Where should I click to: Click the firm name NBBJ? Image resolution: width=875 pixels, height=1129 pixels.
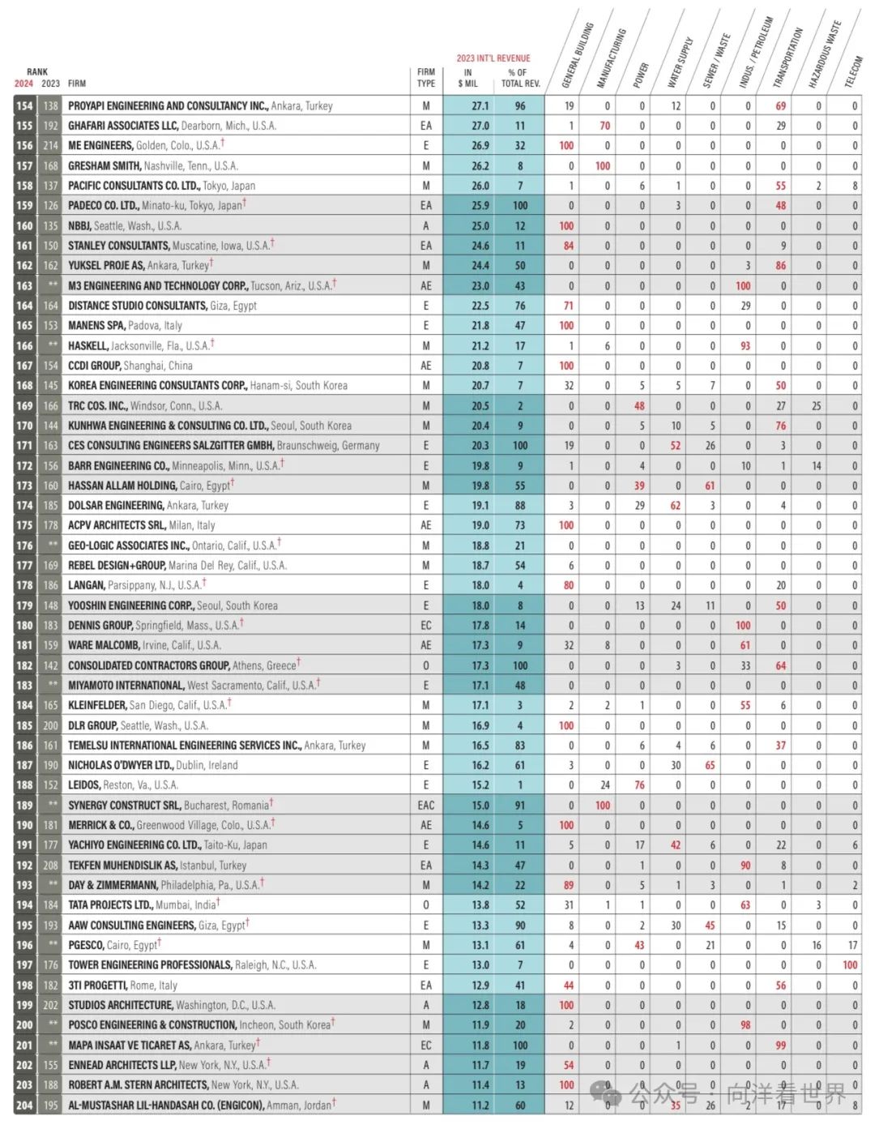(79, 226)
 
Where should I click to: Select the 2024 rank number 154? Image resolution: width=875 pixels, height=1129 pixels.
(24, 106)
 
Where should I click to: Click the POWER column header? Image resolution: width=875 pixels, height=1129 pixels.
(642, 74)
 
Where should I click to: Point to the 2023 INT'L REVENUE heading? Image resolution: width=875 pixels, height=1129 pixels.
(493, 58)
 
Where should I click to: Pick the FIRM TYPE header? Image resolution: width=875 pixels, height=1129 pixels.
(426, 78)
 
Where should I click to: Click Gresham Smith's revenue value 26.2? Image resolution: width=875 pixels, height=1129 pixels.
(480, 166)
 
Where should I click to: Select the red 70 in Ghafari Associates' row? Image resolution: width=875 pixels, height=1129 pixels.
(604, 126)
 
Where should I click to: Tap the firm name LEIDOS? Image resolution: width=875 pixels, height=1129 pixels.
(84, 785)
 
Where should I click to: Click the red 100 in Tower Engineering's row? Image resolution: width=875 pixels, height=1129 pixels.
(850, 965)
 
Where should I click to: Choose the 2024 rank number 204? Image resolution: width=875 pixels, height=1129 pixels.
(24, 1105)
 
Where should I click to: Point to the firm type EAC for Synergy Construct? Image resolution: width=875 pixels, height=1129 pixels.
(426, 806)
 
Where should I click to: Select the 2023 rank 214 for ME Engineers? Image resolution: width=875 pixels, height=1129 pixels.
(51, 146)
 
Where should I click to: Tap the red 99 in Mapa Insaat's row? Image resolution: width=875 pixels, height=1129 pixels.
(780, 1046)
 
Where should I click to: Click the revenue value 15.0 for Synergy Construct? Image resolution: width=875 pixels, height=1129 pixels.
(480, 806)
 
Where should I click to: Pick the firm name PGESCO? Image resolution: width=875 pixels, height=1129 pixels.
(86, 945)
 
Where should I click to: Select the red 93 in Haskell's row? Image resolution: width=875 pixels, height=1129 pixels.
(745, 346)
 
